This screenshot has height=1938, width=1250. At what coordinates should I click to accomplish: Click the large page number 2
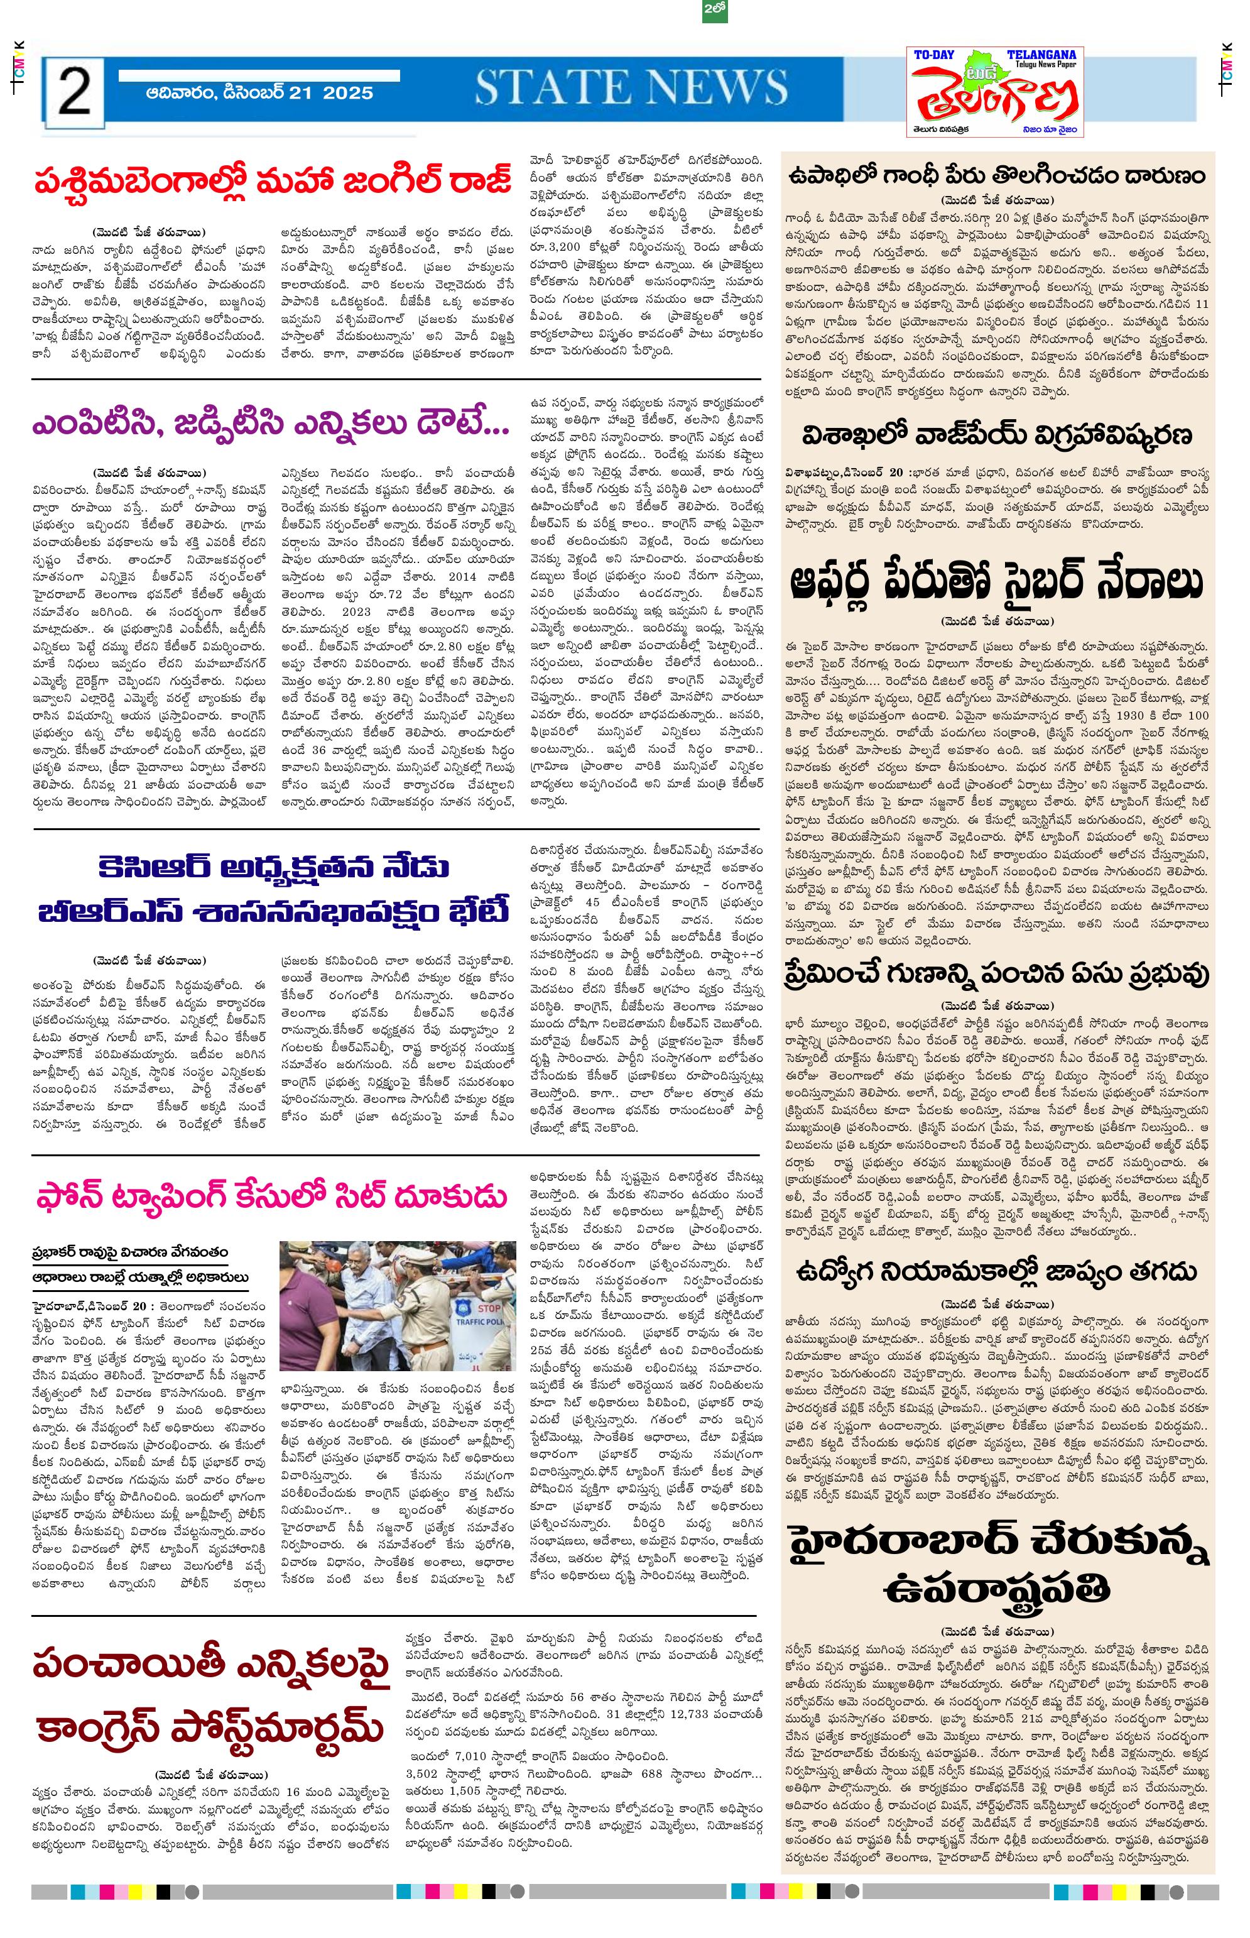(x=74, y=94)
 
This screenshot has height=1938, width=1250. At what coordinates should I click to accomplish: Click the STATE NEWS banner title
(x=631, y=88)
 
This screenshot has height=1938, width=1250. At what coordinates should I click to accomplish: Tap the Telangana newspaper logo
(x=995, y=92)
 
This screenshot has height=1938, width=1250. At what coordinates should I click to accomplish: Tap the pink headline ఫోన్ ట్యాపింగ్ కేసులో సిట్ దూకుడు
(x=272, y=1196)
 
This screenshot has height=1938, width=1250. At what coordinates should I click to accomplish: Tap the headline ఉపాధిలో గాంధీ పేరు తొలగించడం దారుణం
(x=997, y=175)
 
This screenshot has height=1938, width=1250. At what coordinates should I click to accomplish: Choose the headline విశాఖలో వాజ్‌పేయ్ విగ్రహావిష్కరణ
(x=997, y=435)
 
